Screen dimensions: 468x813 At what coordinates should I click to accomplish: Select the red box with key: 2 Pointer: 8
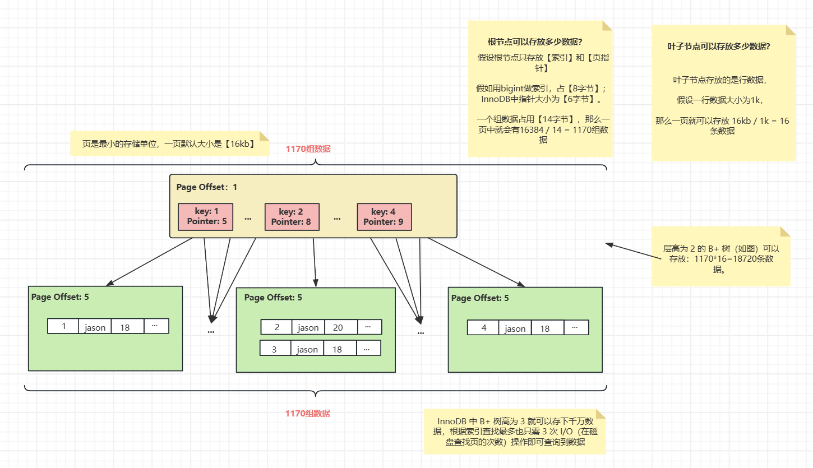click(292, 216)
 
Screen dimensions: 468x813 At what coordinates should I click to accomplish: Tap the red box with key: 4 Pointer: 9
click(384, 216)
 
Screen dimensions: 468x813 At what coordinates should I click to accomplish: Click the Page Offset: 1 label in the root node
click(207, 187)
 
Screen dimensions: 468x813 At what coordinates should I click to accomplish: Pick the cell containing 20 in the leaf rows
click(338, 327)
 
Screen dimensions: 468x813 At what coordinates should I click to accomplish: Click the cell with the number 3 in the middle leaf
click(275, 349)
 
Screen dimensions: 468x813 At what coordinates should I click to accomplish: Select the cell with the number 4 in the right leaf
click(483, 328)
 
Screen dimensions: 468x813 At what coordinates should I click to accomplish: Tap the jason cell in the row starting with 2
click(308, 327)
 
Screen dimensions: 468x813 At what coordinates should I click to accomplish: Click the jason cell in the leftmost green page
click(95, 327)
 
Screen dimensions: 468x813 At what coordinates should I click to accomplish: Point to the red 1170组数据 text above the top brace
click(308, 149)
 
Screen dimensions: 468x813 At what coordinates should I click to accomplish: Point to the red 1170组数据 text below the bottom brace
click(308, 414)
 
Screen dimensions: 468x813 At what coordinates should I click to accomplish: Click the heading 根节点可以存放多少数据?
click(534, 42)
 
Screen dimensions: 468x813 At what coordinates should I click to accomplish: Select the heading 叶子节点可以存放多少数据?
click(718, 47)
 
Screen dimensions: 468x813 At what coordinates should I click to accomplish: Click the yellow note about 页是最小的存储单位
click(169, 144)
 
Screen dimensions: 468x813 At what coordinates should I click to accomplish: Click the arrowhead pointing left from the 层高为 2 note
click(609, 244)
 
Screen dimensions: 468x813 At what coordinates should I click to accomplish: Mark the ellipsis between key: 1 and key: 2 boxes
click(248, 217)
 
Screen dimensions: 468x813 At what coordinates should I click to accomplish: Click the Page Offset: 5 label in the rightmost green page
click(480, 298)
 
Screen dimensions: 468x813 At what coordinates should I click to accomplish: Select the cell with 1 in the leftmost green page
click(63, 326)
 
